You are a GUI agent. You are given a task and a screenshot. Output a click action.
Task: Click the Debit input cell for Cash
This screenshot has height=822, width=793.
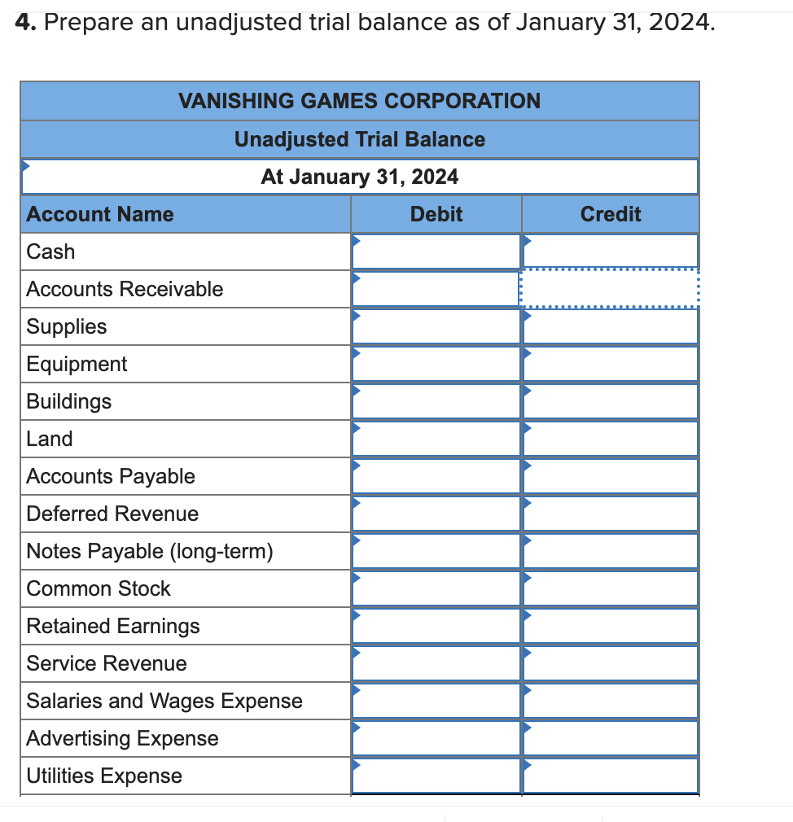436,251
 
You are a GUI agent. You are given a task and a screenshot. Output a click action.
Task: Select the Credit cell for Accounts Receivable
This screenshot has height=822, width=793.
610,289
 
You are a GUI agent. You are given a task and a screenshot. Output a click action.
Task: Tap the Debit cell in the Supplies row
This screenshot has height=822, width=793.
436,326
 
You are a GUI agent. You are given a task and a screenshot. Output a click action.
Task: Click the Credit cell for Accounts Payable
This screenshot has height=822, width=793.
610,476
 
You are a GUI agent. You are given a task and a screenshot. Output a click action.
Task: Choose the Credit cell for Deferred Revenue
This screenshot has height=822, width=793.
610,514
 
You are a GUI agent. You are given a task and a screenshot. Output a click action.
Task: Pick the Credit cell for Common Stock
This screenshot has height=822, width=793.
610,588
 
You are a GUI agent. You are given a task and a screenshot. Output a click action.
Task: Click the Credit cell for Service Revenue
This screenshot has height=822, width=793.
610,663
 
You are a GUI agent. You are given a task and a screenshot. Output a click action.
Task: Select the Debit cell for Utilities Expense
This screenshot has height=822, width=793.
436,776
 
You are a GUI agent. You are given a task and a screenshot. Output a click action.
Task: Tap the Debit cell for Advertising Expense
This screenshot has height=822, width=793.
436,738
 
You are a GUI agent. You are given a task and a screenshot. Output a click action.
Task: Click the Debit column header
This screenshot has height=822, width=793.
436,214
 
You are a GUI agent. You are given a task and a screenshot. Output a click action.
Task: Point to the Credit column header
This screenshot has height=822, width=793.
610,214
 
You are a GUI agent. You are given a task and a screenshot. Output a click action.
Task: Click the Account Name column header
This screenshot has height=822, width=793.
100,214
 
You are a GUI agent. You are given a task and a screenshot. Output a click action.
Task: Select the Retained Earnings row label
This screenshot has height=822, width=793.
113,626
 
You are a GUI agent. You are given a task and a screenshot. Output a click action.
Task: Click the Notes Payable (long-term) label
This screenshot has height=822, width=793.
150,551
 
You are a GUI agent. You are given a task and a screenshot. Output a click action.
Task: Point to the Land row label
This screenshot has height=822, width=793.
50,439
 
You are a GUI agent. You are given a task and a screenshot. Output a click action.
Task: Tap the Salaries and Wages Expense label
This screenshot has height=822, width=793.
164,701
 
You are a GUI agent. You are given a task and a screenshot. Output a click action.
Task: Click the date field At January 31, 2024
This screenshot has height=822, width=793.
359,177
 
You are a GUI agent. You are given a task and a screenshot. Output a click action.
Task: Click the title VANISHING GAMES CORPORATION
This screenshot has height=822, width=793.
359,101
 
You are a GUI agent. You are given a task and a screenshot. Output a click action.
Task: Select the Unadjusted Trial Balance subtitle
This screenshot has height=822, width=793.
359,139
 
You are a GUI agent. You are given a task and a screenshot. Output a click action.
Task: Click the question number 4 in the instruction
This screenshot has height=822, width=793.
24,23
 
